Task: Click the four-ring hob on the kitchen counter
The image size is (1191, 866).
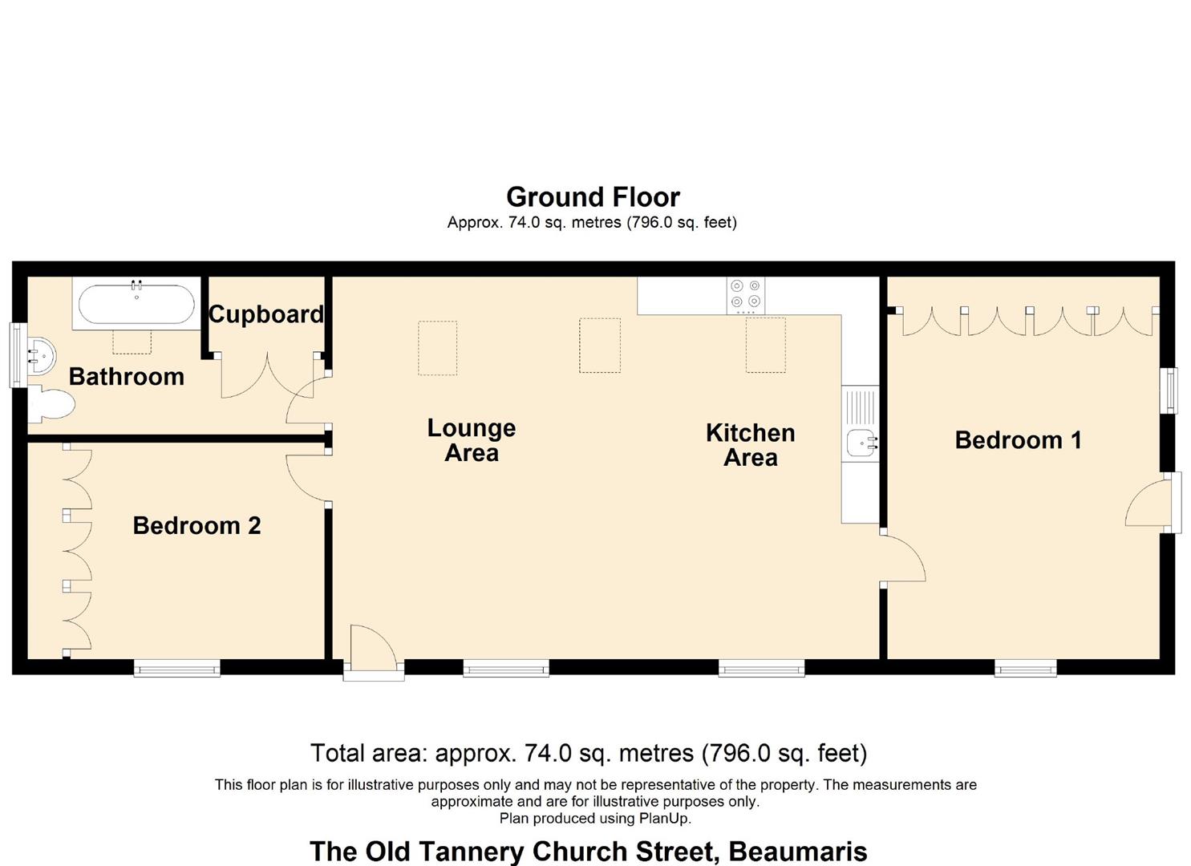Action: point(745,295)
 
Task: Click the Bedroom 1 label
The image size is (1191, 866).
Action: point(1018,440)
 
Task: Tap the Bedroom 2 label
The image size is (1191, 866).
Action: point(196,526)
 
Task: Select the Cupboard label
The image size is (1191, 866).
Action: point(265,314)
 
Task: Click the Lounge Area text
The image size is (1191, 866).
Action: point(471,440)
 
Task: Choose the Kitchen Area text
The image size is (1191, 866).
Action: point(750,445)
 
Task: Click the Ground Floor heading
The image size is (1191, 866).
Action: point(593,197)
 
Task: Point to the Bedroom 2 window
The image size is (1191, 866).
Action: point(176,668)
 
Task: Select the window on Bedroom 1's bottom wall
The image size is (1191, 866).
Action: point(1025,668)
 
